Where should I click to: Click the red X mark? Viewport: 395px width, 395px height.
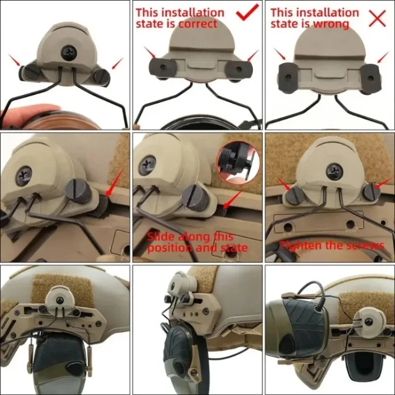click(x=377, y=18)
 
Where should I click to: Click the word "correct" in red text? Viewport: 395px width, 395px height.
click(x=198, y=24)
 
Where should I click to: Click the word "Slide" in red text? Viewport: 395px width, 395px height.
click(x=161, y=237)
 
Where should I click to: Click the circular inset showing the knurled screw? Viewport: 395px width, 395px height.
click(x=237, y=164)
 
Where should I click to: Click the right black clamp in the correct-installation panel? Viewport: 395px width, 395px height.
click(x=239, y=68)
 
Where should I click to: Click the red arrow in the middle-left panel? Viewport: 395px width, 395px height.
click(x=114, y=183)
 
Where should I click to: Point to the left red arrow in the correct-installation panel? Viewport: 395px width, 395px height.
click(x=150, y=52)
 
